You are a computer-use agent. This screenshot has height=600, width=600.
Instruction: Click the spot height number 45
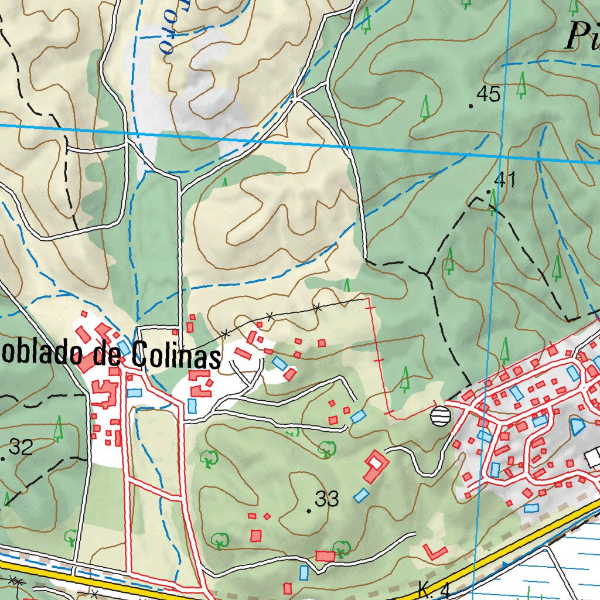pyautogui.click(x=489, y=94)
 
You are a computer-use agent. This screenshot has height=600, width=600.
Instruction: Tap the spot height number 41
pyautogui.click(x=504, y=180)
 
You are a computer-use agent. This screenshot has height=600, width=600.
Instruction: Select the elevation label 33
pyautogui.click(x=327, y=499)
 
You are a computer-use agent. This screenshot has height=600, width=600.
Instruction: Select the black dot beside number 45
pyautogui.click(x=471, y=106)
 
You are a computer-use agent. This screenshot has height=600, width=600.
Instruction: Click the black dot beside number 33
pyautogui.click(x=309, y=511)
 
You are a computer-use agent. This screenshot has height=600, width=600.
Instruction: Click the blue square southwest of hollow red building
pyautogui.click(x=361, y=496)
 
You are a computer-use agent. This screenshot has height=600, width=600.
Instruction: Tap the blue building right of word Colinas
pyautogui.click(x=279, y=363)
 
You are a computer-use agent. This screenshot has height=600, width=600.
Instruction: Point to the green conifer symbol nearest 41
pyautogui.click(x=493, y=201)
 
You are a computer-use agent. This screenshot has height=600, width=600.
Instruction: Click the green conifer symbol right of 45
pyautogui.click(x=521, y=85)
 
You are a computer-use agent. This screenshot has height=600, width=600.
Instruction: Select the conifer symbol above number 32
pyautogui.click(x=58, y=429)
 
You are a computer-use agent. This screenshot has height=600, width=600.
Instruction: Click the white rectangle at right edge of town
pyautogui.click(x=593, y=456)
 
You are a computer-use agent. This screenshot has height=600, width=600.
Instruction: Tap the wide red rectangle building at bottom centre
pyautogui.click(x=324, y=555)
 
